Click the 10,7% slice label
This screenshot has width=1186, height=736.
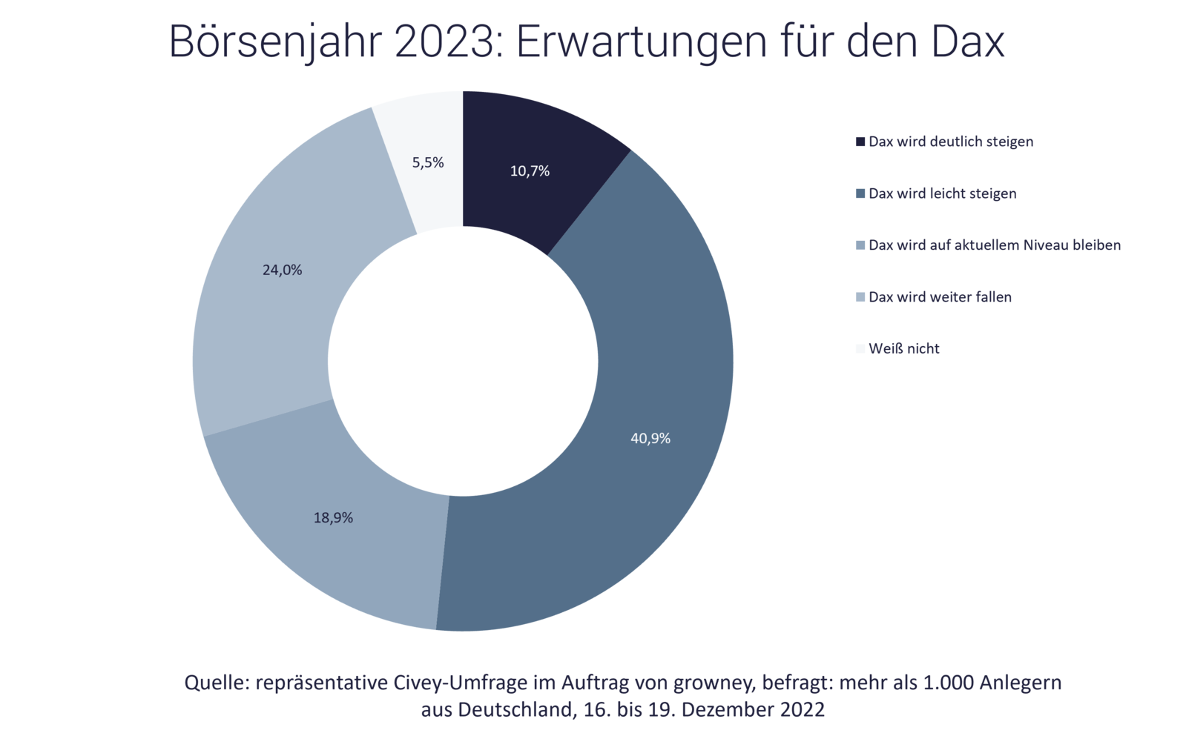[530, 171]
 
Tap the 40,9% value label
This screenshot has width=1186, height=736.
[650, 439]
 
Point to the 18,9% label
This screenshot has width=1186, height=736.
[333, 518]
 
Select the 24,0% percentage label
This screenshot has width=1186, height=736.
[282, 271]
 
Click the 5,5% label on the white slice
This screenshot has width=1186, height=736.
[428, 163]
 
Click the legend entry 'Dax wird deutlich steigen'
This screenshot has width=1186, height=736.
[950, 142]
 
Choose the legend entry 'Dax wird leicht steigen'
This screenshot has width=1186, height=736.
[942, 193]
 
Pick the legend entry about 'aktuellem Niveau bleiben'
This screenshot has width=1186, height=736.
[994, 245]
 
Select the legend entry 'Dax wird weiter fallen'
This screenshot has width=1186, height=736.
[940, 297]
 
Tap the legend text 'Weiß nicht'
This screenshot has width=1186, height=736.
[903, 349]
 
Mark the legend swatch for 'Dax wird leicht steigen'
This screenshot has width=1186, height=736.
[860, 193]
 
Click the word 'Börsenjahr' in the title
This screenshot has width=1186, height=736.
[273, 42]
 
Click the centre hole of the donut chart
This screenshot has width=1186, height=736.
[463, 361]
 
